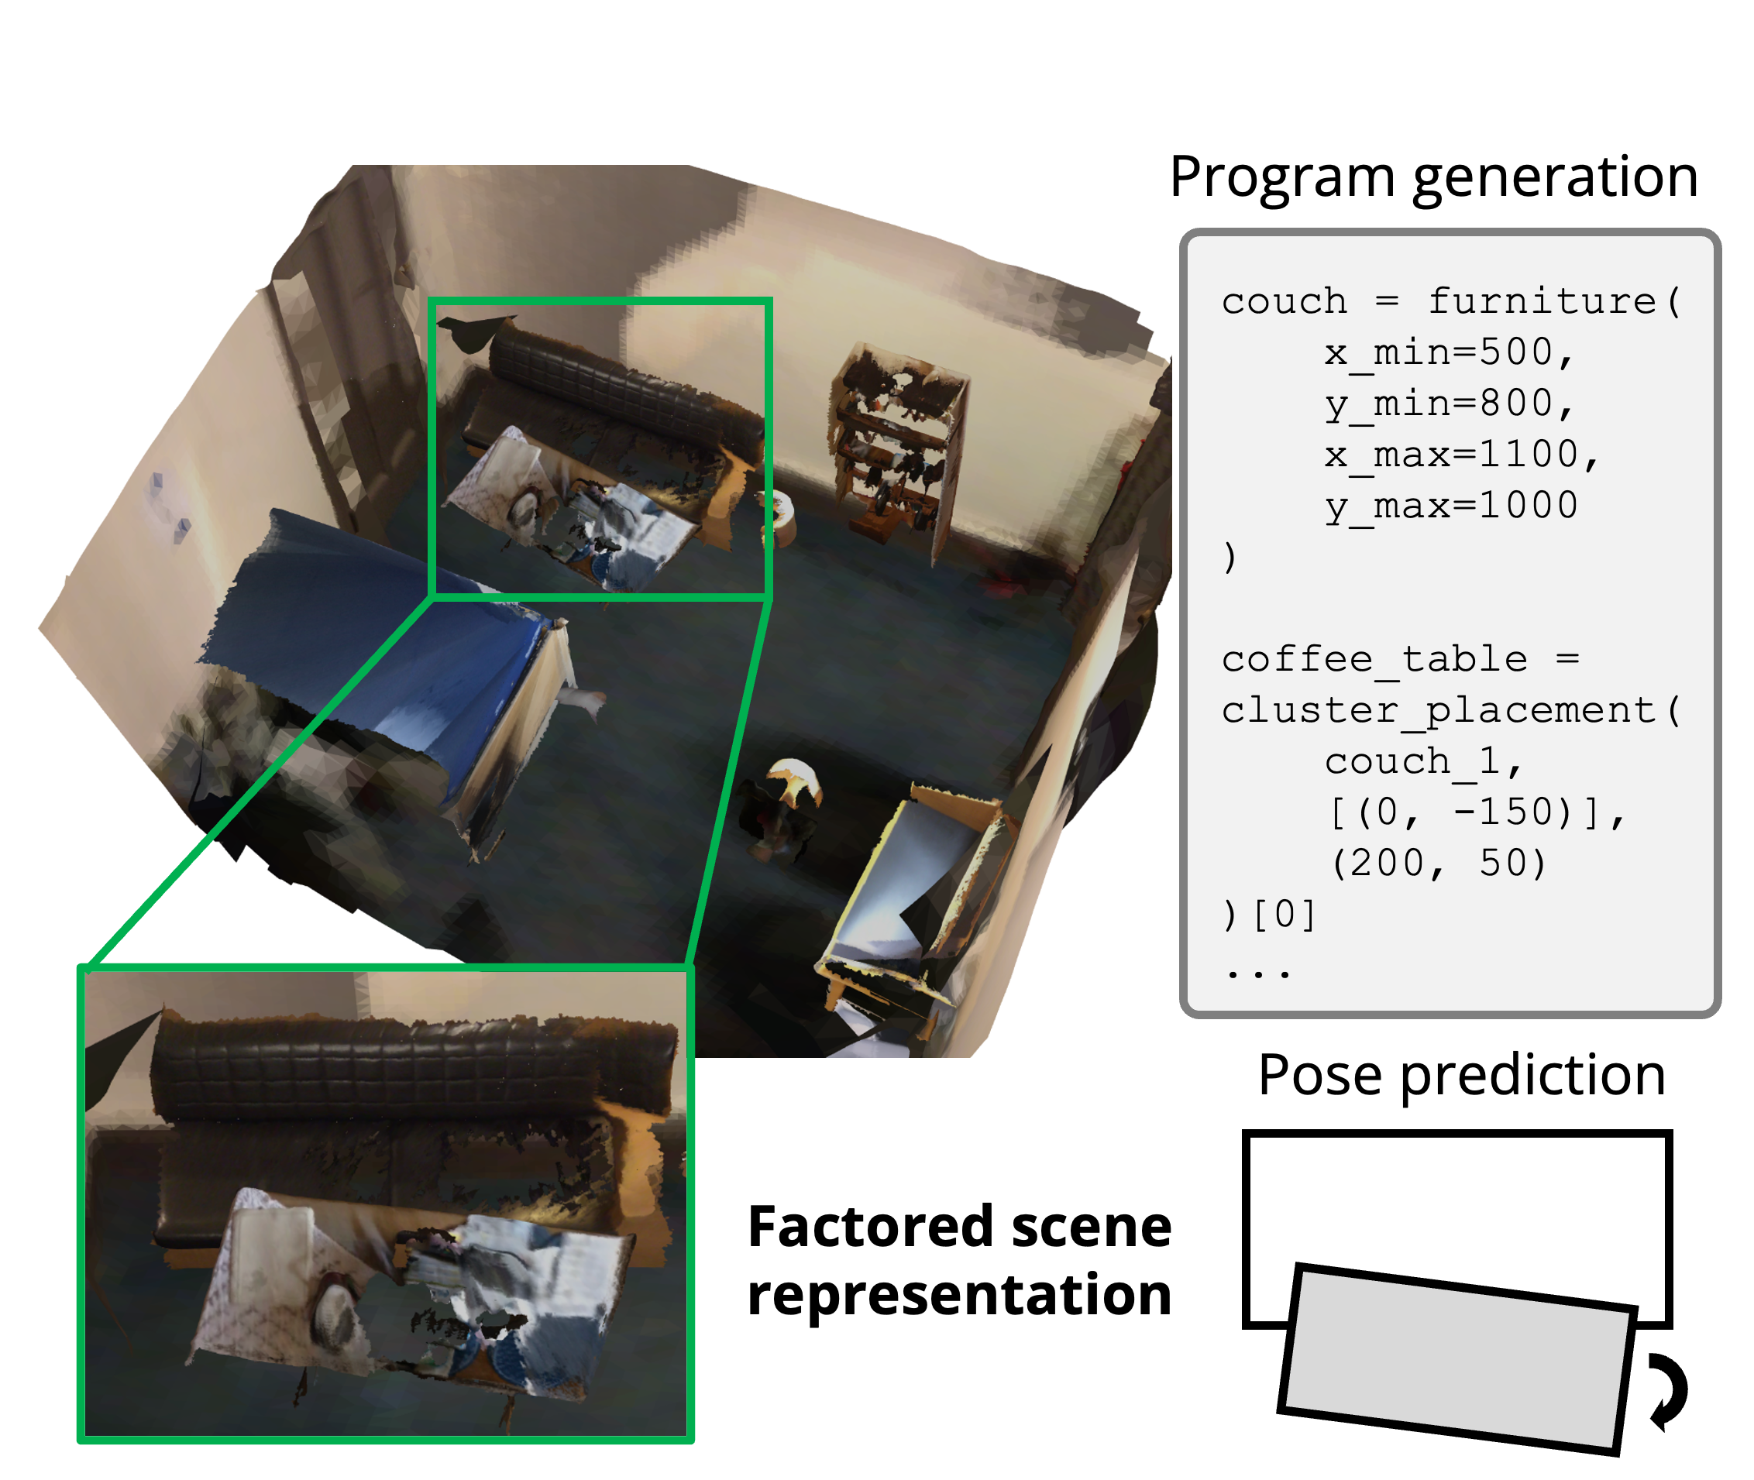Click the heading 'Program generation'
pos(1433,178)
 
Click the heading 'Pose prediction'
pos(1461,1076)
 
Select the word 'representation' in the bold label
pos(959,1295)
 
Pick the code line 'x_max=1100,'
pos(1461,455)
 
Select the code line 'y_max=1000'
pos(1451,506)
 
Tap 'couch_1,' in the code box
pos(1423,762)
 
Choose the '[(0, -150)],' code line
pos(1477,813)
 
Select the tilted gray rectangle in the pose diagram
pos(1456,1360)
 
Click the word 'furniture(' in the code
pos(1553,301)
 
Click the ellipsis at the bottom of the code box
pos(1257,974)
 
